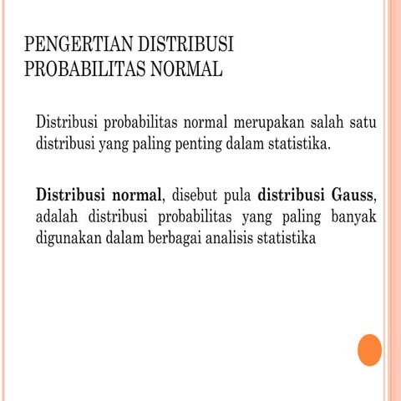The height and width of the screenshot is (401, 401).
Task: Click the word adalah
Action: point(59,217)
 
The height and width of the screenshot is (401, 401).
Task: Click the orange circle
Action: point(369,350)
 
